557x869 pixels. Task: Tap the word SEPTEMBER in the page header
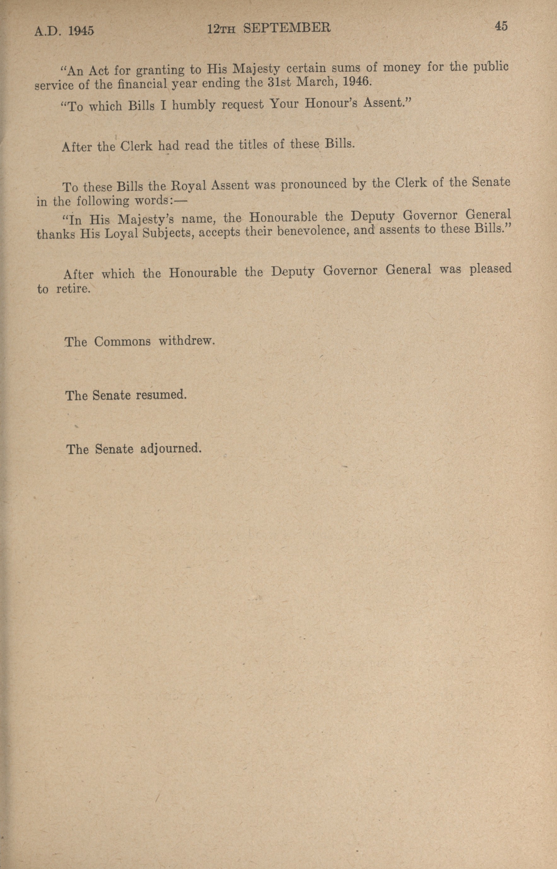(287, 28)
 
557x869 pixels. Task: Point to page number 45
(501, 26)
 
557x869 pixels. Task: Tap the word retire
(72, 289)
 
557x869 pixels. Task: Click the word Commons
(122, 342)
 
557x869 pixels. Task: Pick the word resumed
(161, 395)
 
